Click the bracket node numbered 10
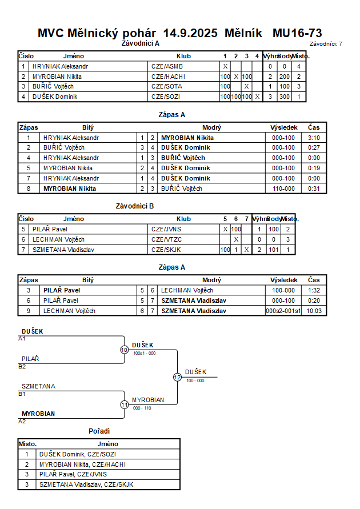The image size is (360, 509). point(124,350)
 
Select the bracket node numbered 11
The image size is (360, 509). point(124,404)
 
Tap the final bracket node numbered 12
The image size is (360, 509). point(177,377)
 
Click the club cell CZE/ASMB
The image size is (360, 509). point(162,66)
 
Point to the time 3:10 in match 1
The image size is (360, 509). point(314,138)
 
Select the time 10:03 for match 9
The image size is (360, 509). point(314,311)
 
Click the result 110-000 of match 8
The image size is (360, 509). point(283,189)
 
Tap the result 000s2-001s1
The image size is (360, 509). point(283,311)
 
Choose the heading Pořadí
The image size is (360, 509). point(99,431)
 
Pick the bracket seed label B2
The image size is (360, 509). point(22,366)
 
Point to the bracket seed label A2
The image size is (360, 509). point(22,421)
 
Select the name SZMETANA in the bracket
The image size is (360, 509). point(38,386)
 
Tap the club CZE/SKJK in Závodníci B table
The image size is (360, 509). point(162,250)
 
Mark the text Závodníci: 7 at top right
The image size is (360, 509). point(326,43)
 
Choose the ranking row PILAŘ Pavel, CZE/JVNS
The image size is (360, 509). point(73,474)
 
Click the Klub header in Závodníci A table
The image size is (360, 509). point(183,57)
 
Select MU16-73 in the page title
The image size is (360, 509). point(297,33)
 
